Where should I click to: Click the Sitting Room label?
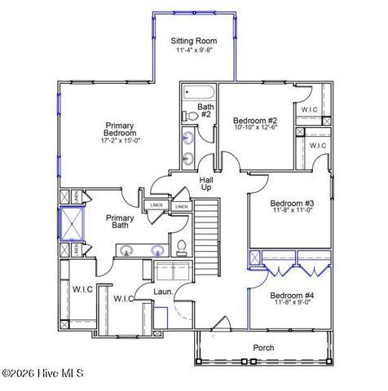coord(193,41)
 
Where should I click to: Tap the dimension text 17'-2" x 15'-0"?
coord(120,141)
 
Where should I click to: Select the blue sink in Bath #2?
coord(189,137)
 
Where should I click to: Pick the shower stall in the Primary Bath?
coord(70,223)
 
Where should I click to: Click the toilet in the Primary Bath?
coord(183,247)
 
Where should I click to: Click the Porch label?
coord(263,348)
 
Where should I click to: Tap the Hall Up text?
coord(206,184)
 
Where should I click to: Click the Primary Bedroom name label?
coord(120,129)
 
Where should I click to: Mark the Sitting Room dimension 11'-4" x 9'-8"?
coord(193,51)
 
